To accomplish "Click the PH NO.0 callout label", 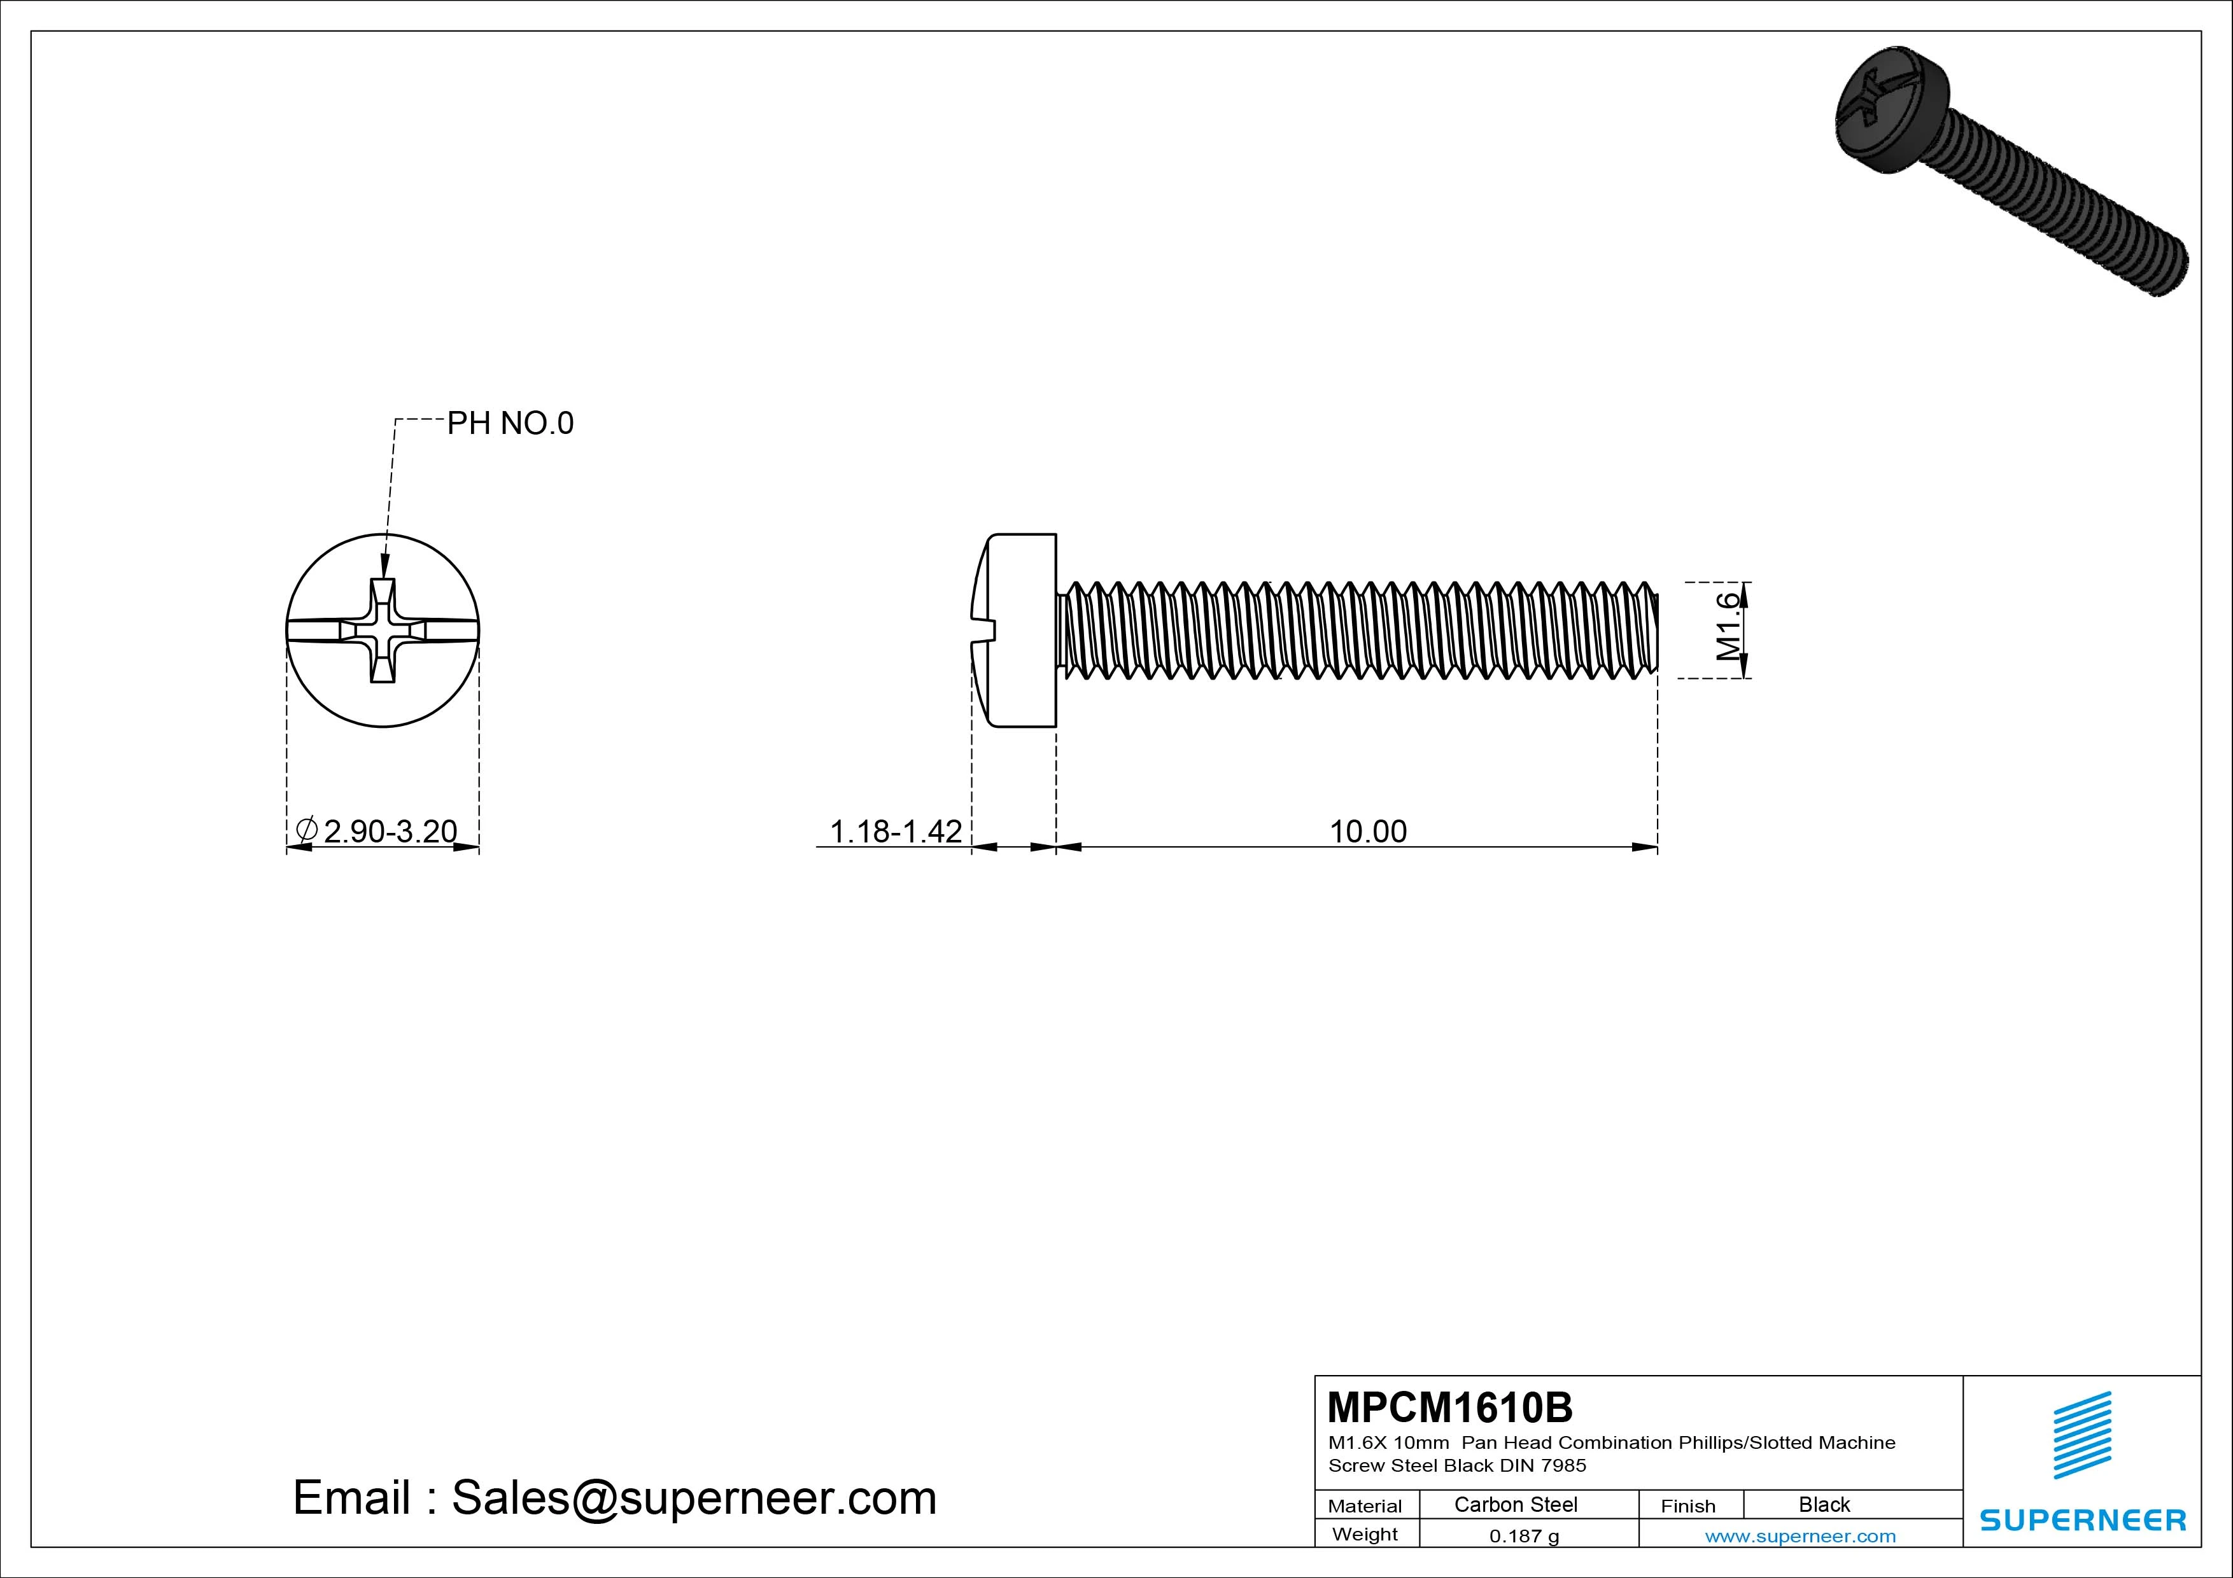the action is point(510,423).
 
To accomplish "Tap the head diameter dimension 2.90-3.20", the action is point(389,831).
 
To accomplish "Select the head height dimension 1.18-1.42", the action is point(895,831).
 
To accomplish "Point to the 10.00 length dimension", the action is point(1367,831).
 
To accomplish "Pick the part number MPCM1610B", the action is point(1449,1407).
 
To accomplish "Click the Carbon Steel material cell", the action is point(1515,1504).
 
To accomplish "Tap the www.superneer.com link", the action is point(1800,1536).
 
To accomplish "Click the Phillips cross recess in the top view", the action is point(382,630).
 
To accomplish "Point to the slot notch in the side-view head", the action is point(983,630).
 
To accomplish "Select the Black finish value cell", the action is point(1824,1504).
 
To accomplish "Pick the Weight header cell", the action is point(1365,1534).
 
